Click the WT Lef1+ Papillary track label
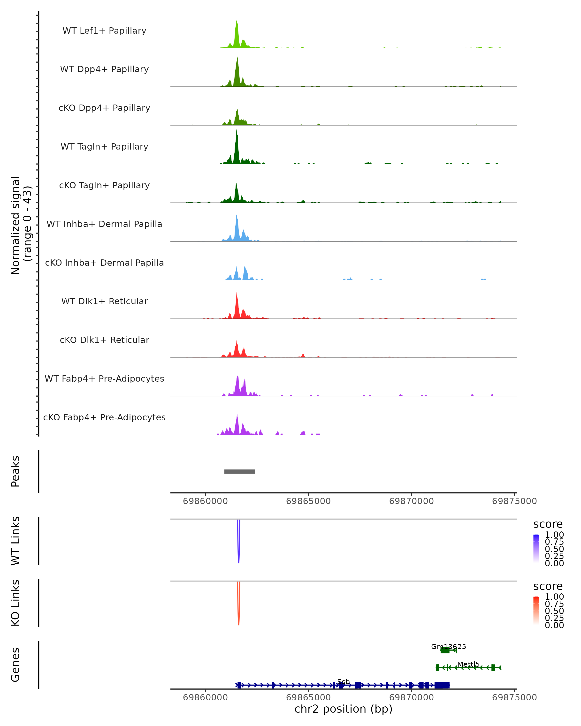(104, 31)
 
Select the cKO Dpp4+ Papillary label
(104, 108)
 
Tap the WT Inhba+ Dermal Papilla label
(104, 224)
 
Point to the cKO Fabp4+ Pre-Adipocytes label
(104, 417)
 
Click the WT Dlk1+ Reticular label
(104, 301)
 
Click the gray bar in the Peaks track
(239, 471)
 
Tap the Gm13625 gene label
(448, 647)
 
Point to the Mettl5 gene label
(468, 664)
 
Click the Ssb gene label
(343, 681)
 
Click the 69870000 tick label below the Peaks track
(411, 501)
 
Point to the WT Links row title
(15, 541)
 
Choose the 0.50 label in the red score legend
(554, 611)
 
